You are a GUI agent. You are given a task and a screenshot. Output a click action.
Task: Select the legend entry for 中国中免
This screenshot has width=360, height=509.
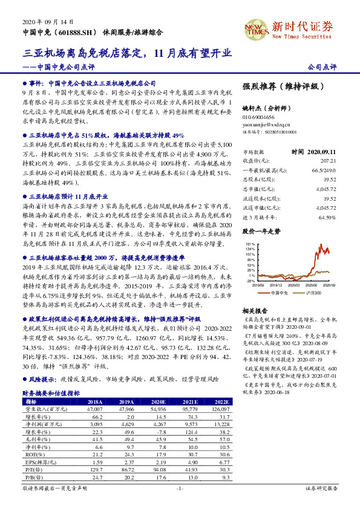[278, 292]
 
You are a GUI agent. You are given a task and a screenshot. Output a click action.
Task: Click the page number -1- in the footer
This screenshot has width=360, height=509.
[180, 488]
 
